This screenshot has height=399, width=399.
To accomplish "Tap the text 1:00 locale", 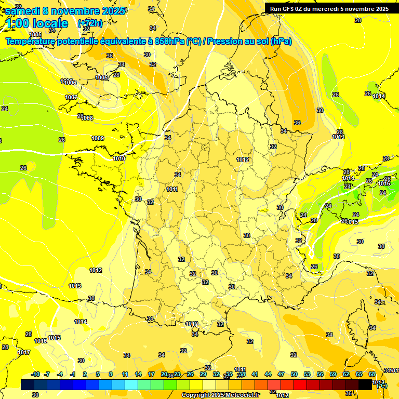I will [37, 23].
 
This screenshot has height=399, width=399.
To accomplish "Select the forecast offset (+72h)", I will [90, 23].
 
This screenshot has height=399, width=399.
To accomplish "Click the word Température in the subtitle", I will [36, 42].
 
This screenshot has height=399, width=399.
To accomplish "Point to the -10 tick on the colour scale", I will [35, 374].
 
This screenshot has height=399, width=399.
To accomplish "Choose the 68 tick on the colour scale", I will [372, 374].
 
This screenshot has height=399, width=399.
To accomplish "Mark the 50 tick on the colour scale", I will [294, 374].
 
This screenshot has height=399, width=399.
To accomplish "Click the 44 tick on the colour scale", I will [268, 374].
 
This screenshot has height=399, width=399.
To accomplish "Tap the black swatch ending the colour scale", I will [366, 384].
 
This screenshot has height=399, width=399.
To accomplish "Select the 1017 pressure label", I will [24, 352].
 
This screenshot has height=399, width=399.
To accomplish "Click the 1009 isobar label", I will [98, 138].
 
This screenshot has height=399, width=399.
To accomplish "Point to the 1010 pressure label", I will [119, 158].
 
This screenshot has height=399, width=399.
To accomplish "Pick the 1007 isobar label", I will [71, 97].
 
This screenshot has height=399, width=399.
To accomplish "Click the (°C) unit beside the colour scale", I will [382, 385].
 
